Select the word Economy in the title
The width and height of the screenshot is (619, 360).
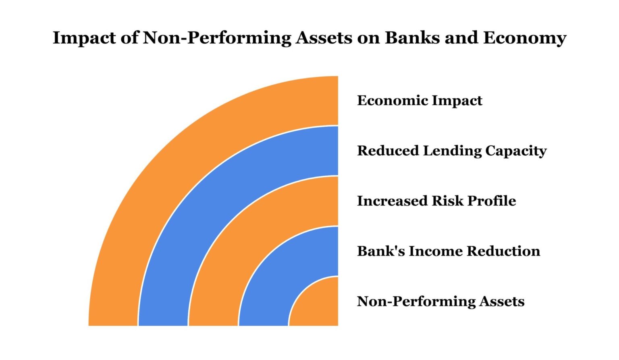(525, 38)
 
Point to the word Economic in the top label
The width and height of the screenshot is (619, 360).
(386, 100)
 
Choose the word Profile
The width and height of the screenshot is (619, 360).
(492, 201)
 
